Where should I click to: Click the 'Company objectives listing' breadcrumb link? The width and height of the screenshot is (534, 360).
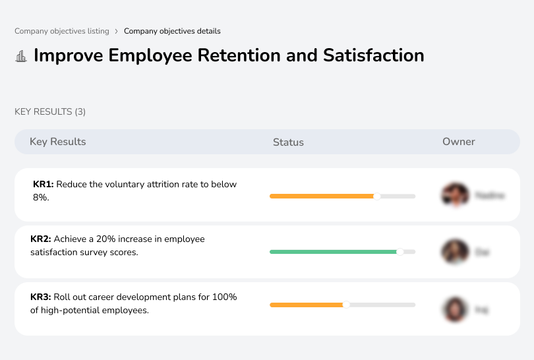point(62,31)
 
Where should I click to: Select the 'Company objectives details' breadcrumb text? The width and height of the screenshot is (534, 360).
point(172,31)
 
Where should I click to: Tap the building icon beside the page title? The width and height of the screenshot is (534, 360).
point(21,56)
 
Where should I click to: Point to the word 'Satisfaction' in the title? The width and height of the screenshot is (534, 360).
point(373,55)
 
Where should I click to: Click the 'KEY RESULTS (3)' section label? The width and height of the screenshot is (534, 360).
point(50,112)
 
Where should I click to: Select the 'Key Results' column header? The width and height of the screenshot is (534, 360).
point(58,142)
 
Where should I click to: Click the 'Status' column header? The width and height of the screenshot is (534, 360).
point(288,142)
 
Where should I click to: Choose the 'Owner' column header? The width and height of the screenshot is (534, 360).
point(459,142)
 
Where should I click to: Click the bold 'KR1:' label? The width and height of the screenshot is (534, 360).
point(43,185)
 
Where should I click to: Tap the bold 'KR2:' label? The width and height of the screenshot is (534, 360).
point(41,239)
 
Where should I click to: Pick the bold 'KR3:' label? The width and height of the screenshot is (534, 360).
point(41,297)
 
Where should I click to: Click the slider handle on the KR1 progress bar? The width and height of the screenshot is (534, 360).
point(377,196)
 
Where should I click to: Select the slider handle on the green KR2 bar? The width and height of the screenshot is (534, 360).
point(400,251)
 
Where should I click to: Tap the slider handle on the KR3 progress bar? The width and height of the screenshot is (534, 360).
point(346,305)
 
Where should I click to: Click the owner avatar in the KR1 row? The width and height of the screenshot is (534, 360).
point(454,195)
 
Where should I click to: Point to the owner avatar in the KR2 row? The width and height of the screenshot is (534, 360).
point(454,251)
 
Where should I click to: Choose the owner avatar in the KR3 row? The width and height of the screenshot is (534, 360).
point(454,309)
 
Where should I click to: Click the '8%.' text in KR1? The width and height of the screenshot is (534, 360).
point(41,196)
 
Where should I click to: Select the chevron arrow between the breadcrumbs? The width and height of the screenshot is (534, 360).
point(117,31)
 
